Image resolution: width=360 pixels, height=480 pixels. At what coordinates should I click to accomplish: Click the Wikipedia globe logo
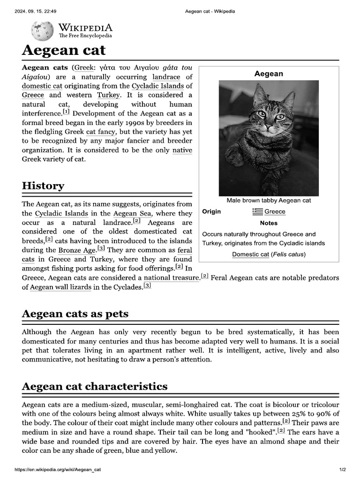click(42, 31)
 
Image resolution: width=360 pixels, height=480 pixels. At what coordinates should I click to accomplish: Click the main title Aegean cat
click(64, 50)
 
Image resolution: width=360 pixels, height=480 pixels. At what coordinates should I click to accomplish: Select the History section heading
click(43, 186)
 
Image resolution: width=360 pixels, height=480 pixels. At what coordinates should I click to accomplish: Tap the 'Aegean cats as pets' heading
click(75, 313)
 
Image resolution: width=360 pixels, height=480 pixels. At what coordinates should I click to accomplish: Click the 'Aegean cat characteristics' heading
click(95, 386)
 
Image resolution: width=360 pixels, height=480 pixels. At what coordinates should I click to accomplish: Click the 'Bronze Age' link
click(76, 250)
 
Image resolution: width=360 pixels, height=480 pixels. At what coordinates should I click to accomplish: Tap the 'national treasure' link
click(172, 278)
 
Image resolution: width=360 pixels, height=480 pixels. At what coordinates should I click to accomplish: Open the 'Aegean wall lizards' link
click(60, 287)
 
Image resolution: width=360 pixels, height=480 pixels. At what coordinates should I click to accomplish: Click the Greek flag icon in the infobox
click(257, 211)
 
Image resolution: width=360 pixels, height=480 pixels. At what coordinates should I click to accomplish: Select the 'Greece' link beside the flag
click(275, 211)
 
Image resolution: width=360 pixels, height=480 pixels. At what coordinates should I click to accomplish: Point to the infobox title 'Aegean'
click(269, 74)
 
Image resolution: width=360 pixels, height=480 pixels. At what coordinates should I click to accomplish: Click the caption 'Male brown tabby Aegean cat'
click(269, 200)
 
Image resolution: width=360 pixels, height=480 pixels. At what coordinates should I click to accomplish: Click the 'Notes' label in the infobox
click(269, 223)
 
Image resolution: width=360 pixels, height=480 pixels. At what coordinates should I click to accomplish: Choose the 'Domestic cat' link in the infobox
click(251, 255)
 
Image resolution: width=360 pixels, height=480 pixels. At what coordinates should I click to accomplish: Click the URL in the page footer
click(58, 470)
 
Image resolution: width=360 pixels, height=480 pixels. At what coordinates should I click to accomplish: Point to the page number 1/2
click(342, 470)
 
